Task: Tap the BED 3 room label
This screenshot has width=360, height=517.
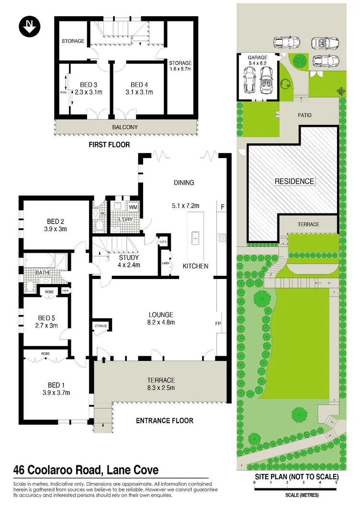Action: [x=82, y=85]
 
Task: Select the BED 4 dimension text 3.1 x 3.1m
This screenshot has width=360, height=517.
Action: [x=139, y=92]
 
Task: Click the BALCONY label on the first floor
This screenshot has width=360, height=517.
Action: [x=125, y=127]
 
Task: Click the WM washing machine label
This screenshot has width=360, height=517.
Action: [x=133, y=207]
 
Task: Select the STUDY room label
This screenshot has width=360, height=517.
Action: [x=129, y=258]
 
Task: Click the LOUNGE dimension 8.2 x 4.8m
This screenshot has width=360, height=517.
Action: [x=160, y=322]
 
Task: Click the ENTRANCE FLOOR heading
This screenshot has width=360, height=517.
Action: [x=165, y=421]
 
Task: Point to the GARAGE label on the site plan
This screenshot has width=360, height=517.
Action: [x=257, y=57]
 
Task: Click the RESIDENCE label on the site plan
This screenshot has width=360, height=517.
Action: [x=294, y=181]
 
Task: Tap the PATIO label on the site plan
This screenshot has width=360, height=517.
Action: [x=304, y=115]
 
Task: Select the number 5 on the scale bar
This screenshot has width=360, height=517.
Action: [x=336, y=483]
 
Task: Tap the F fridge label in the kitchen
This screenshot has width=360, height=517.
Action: [x=223, y=207]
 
